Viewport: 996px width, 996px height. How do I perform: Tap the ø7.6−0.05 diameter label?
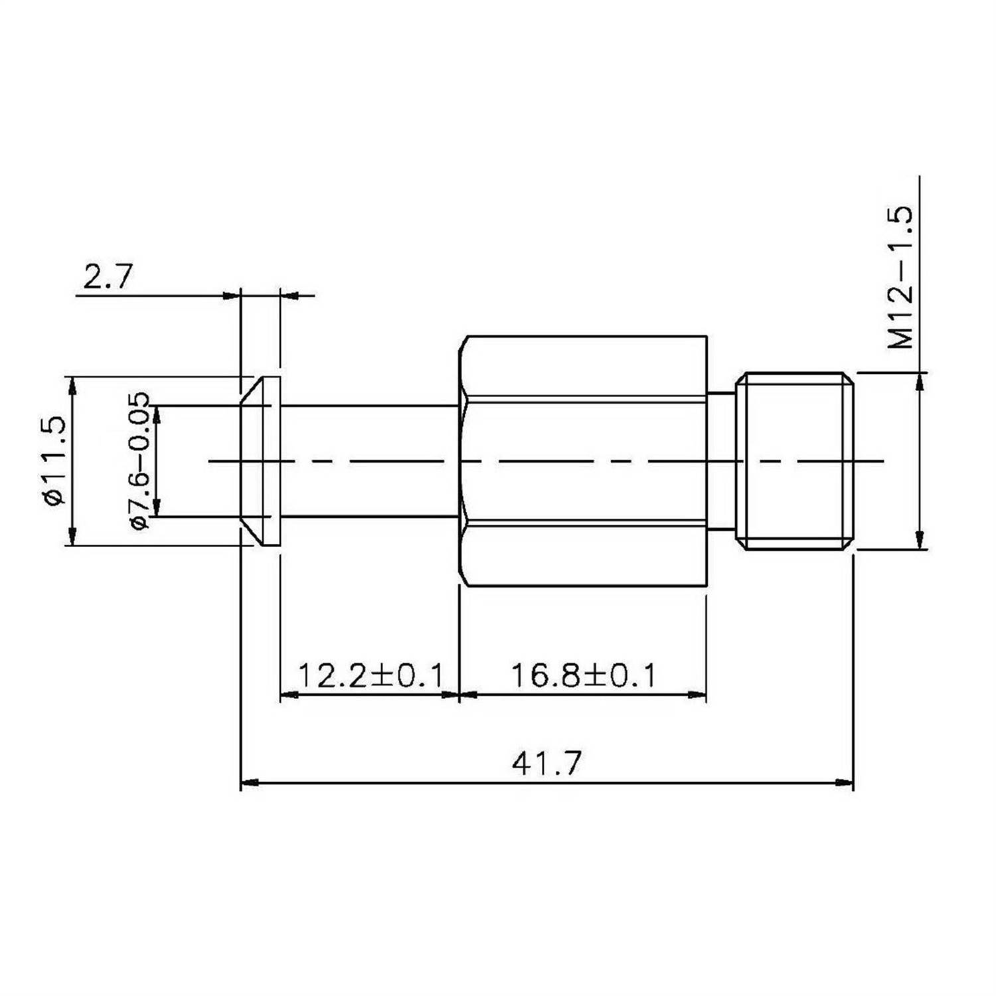141,461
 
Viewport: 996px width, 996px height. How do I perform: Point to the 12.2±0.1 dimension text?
370,676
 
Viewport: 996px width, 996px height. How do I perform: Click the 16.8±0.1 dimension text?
583,676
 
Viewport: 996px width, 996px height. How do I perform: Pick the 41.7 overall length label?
546,764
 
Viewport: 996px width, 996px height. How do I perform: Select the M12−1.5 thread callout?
901,278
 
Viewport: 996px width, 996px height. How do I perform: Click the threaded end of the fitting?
795,461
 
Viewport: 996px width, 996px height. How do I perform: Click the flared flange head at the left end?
260,461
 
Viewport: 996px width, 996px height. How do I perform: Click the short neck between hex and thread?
721,461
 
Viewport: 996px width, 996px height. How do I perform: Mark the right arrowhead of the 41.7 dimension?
845,783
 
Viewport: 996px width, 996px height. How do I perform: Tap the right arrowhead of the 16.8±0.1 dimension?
697,695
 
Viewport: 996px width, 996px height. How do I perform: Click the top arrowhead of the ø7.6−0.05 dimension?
157,414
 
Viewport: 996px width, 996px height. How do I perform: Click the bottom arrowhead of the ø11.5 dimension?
71,537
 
